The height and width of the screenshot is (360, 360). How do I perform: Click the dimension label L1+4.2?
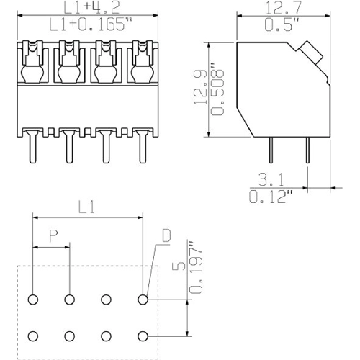click(87, 9)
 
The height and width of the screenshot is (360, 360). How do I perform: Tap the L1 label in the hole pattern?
click(87, 208)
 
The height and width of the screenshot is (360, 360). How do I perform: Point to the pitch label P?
click(53, 235)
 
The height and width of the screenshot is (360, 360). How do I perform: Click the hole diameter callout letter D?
click(166, 235)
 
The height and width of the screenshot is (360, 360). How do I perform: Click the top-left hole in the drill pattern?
click(33, 299)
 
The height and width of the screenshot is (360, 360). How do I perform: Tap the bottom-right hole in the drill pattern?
click(143, 336)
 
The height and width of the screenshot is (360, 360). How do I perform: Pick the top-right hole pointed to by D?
click(143, 299)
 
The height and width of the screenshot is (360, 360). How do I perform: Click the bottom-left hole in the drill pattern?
click(33, 336)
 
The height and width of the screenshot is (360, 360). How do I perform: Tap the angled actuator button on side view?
click(311, 52)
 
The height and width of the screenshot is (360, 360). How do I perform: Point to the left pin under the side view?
click(270, 150)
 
